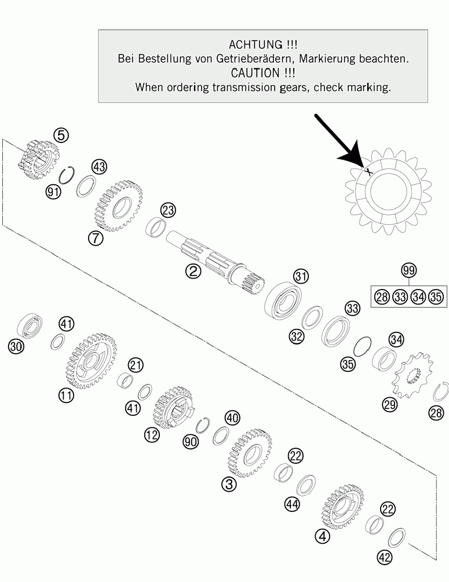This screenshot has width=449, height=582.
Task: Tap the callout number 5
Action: [x=61, y=135]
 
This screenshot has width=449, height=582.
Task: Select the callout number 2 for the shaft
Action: [x=193, y=271]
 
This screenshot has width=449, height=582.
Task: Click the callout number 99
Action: [x=408, y=270]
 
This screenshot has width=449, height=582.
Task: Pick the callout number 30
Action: [x=16, y=347]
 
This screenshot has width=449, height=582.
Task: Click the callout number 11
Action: [x=66, y=396]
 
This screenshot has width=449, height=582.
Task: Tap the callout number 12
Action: [x=152, y=434]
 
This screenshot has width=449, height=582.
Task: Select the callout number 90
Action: [x=191, y=442]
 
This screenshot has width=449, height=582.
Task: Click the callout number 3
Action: [x=229, y=484]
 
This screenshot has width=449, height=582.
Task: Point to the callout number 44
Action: [x=292, y=504]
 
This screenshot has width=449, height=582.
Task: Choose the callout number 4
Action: [x=322, y=536]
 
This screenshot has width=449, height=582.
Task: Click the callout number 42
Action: [x=385, y=557]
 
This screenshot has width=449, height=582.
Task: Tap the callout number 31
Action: [x=301, y=276]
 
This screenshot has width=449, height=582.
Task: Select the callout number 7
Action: [x=96, y=237]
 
